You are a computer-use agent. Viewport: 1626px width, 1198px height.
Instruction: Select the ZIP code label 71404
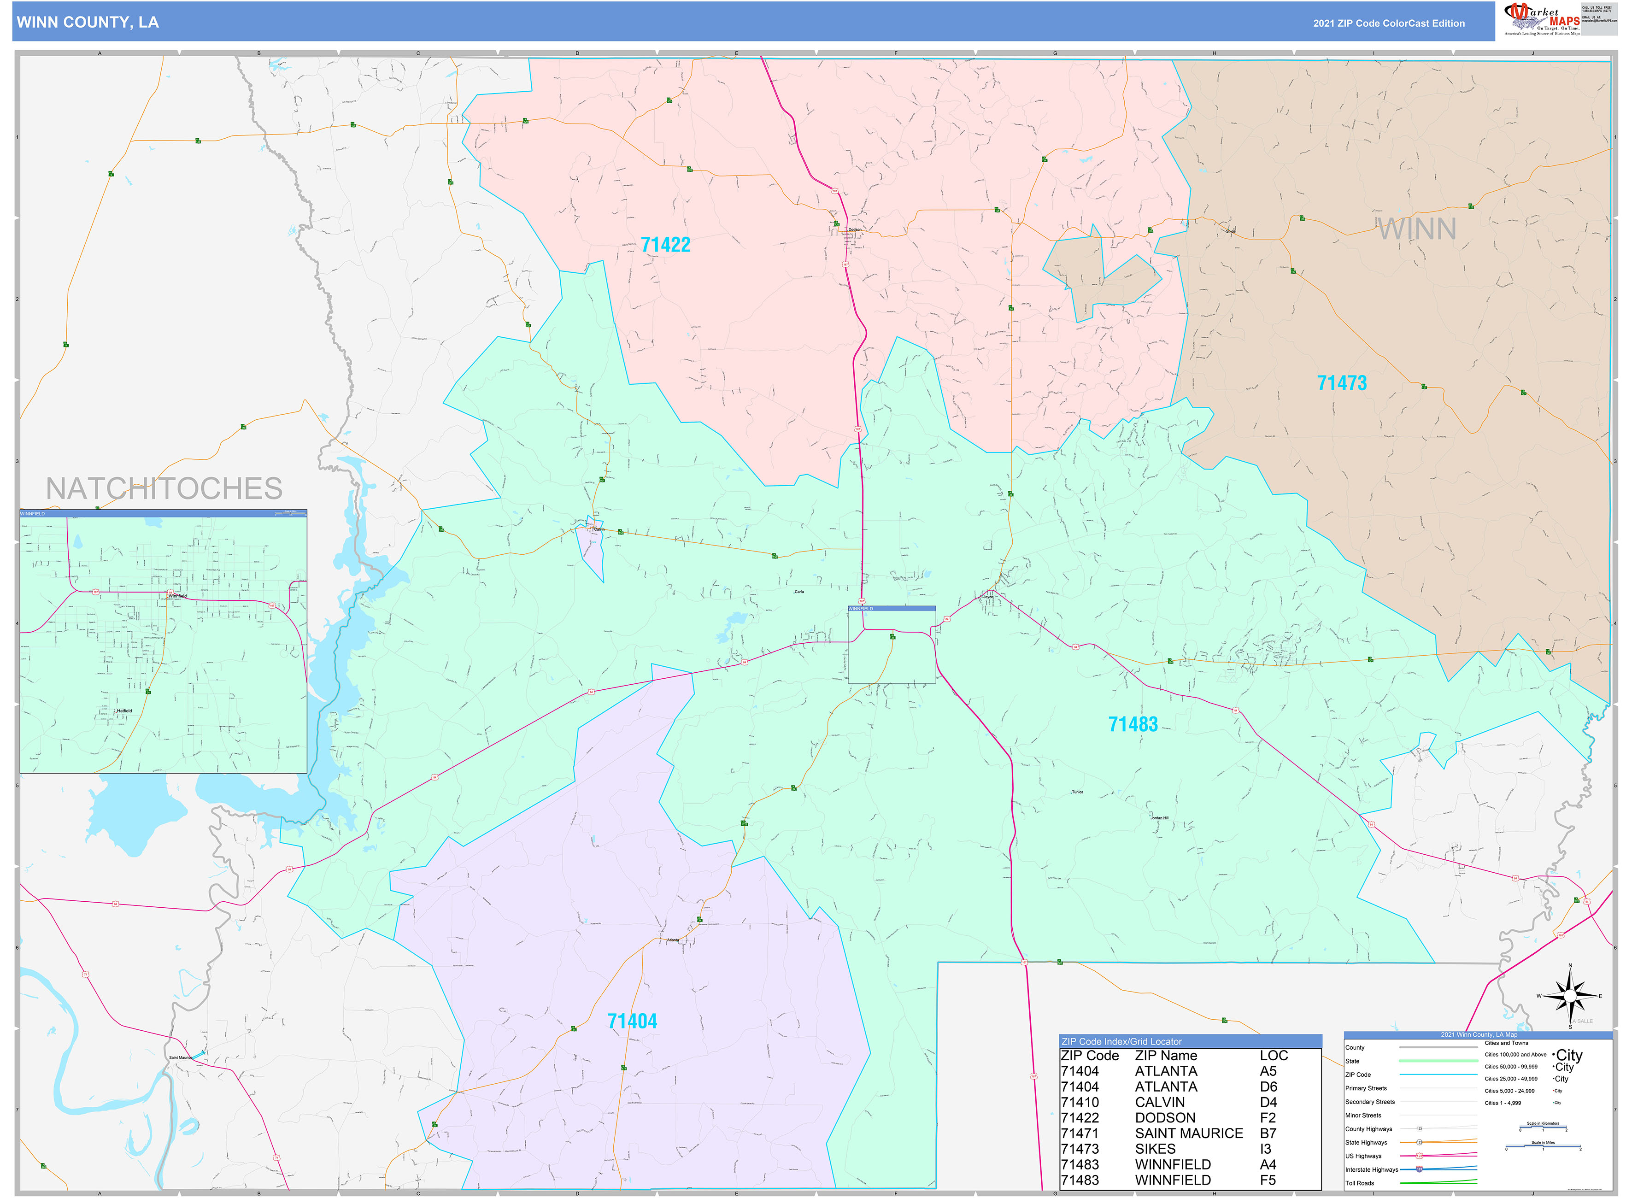point(632,1021)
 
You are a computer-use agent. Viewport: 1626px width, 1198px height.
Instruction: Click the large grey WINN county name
point(1416,229)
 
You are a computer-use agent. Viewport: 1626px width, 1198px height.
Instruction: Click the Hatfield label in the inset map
point(124,711)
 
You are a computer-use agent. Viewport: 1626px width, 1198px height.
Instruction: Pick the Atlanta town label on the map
point(673,940)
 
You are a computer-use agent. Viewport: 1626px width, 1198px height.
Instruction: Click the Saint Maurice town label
point(181,1057)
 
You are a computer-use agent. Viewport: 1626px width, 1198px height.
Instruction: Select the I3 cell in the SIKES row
point(1266,1149)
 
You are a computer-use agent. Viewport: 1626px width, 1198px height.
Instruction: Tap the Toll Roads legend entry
point(1359,1183)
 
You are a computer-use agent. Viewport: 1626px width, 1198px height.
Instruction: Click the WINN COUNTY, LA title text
point(87,23)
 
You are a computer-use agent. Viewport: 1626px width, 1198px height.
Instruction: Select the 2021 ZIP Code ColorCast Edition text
point(1388,23)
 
